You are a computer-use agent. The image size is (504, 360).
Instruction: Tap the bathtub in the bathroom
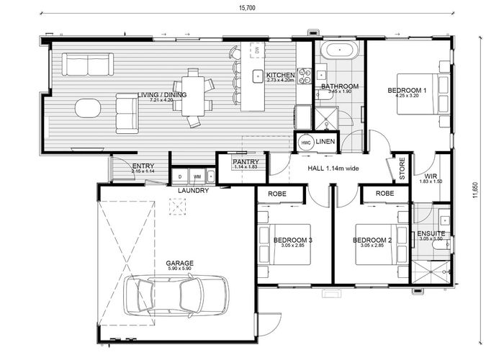point(338,52)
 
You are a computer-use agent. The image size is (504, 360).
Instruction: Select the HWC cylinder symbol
point(305,143)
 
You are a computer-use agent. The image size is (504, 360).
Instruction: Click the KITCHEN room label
point(280,76)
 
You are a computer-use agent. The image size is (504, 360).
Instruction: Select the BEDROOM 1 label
point(407,90)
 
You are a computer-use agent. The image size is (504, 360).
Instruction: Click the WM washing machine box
point(197,176)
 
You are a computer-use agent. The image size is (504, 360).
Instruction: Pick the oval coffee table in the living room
point(88,109)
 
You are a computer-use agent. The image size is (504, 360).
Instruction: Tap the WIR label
point(431,176)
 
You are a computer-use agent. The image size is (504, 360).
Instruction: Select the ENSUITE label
point(431,234)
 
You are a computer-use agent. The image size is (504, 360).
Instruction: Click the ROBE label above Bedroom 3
point(278,194)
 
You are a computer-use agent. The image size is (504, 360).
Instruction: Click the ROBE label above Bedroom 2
point(384,194)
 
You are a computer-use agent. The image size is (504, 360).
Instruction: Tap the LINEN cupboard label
point(325,143)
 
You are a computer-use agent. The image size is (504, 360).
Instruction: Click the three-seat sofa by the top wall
point(86,65)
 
